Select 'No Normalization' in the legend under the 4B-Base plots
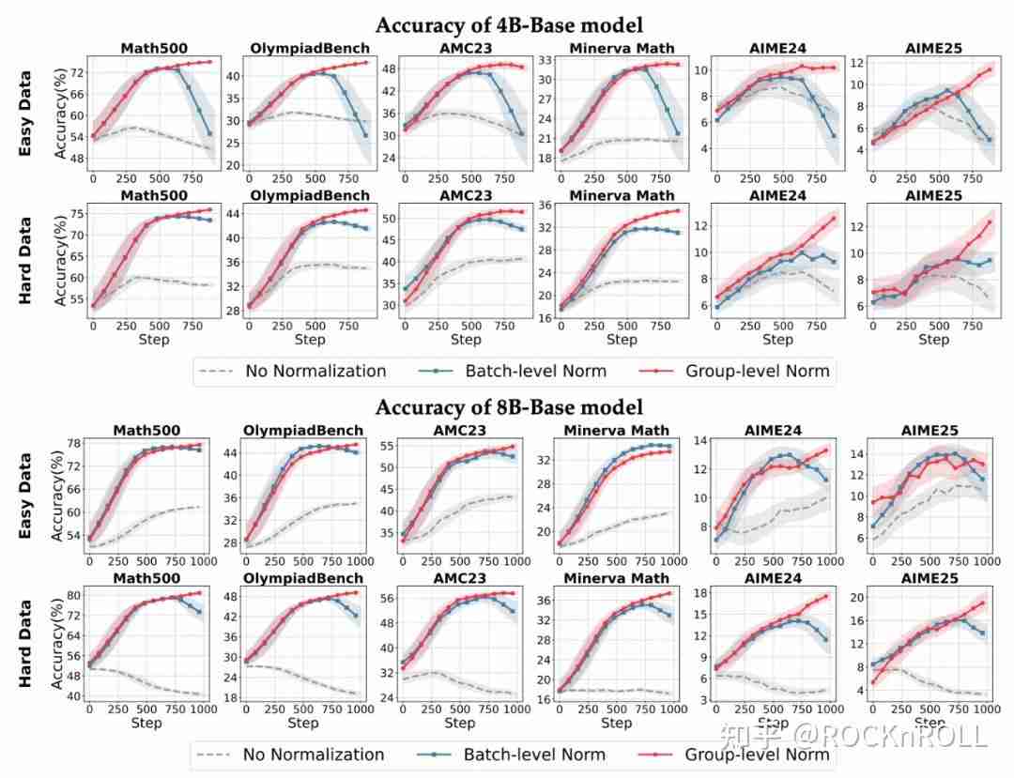click(315, 371)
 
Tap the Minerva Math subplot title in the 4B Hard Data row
click(621, 195)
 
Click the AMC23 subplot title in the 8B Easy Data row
click(460, 431)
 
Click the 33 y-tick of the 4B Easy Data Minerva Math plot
click(544, 59)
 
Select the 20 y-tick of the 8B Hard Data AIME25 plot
click(858, 598)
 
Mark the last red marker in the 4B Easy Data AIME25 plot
click(989, 69)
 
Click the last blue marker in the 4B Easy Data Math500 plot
click(210, 133)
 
